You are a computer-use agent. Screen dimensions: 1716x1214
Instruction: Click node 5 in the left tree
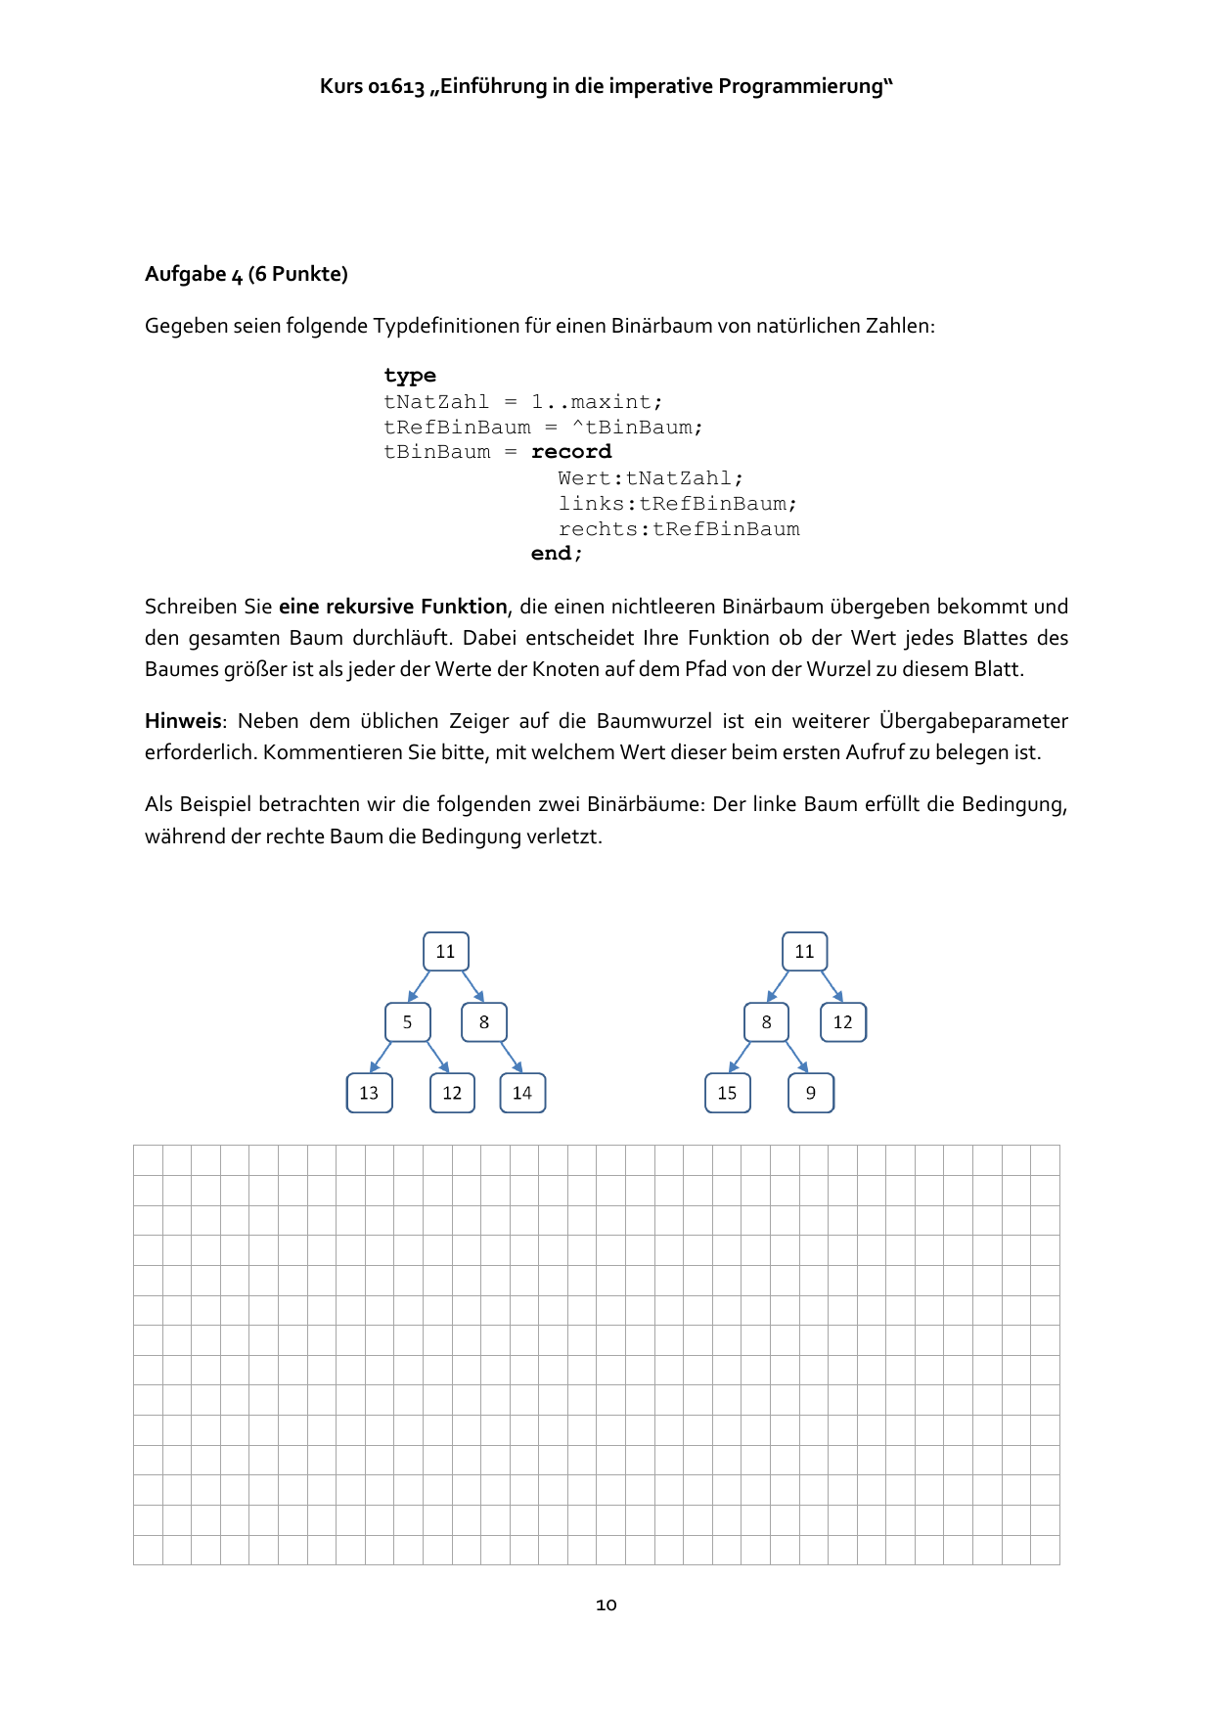click(408, 1022)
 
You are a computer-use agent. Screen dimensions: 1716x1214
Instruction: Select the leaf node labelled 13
click(369, 1093)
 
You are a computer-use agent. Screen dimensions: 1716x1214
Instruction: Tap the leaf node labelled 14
click(522, 1093)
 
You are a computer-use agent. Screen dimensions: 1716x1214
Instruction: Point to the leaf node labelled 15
click(727, 1093)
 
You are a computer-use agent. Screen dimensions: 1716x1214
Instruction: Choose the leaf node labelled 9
click(811, 1093)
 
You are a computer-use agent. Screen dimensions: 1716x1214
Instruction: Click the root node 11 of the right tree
click(804, 951)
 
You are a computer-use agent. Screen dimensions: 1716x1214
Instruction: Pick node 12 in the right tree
click(842, 1022)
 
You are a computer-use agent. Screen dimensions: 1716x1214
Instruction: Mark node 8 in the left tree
click(484, 1022)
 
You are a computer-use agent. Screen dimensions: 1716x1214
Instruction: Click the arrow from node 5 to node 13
click(382, 1057)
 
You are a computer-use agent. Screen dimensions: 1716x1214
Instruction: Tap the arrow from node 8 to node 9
click(797, 1057)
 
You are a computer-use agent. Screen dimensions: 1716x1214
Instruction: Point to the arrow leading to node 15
click(740, 1057)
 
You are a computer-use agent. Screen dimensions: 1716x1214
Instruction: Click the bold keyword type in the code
click(410, 377)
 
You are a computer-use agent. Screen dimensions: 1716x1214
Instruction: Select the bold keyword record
click(571, 452)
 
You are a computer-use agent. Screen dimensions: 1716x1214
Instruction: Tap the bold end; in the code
click(557, 554)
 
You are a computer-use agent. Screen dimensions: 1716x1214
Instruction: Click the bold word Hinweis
click(183, 721)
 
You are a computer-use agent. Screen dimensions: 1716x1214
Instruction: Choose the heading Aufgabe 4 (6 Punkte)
click(247, 274)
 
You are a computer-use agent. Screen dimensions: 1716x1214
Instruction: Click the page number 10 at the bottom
click(607, 1604)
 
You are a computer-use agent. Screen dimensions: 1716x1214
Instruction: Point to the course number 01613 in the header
click(396, 87)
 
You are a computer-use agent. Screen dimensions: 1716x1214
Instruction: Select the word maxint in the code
click(611, 402)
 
